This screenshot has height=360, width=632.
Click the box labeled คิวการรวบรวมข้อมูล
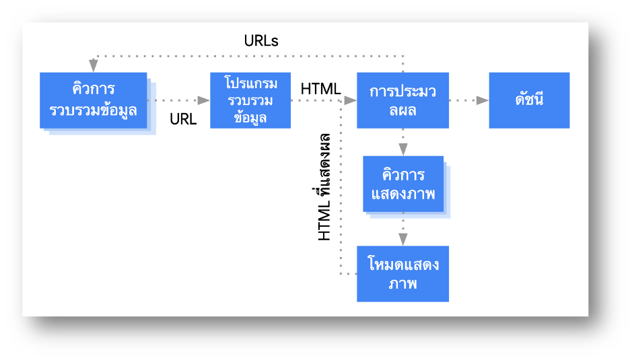point(93,100)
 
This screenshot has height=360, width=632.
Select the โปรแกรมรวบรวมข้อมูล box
point(250,100)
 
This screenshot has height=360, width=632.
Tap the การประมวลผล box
point(402,100)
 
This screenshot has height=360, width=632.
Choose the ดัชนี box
point(529,100)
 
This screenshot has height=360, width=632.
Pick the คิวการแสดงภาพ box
point(403,184)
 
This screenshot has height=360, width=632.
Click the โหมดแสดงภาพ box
point(402,273)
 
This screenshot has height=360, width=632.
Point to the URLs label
point(261,41)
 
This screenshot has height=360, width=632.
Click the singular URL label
point(183,119)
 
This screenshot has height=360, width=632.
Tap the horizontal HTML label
point(320,88)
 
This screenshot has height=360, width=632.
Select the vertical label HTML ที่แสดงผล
point(324,188)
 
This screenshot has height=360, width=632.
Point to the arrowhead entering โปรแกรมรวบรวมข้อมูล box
point(203,100)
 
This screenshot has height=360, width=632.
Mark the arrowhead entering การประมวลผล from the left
point(350,100)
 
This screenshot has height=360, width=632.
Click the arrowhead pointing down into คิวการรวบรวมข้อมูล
point(93,66)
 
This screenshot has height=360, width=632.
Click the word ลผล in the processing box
point(402,110)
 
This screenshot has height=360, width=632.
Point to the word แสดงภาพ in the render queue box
point(403,194)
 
